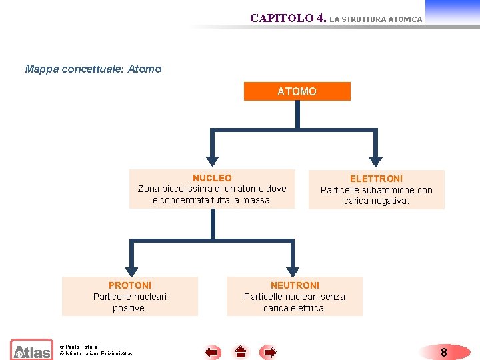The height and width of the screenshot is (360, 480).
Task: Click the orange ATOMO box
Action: pos(297,91)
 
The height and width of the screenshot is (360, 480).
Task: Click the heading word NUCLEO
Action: pos(212,178)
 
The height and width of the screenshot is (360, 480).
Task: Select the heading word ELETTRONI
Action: pos(376,179)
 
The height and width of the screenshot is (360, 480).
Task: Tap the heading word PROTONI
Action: pos(130,285)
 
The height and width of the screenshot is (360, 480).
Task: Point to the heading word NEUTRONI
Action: pos(295,285)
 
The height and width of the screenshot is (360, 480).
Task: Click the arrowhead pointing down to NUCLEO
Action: pos(212,161)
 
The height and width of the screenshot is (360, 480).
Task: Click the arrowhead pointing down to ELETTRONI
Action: pos(377,161)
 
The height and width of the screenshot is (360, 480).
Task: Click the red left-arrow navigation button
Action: pos(212,351)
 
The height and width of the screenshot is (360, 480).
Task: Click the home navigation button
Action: pos(241,351)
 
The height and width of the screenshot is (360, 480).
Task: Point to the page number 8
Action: pos(444,352)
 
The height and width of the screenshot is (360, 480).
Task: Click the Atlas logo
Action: pos(31,350)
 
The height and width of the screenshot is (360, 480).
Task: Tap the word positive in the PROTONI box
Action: pos(129,308)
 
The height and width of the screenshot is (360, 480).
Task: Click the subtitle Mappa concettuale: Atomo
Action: pos(93,69)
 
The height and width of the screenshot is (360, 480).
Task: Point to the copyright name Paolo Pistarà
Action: pos(81,347)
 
